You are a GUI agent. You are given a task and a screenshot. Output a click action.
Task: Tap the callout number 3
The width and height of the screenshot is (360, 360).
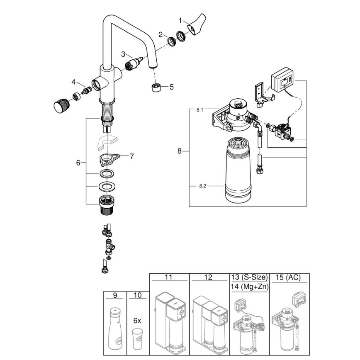pyautogui.click(x=123, y=54)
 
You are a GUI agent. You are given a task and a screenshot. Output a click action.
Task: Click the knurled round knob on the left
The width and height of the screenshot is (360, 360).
pyautogui.click(x=60, y=105)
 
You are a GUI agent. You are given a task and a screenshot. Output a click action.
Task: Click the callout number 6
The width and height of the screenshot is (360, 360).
pyautogui.click(x=78, y=163)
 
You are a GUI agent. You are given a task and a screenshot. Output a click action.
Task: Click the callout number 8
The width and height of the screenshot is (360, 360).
pyautogui.click(x=180, y=151)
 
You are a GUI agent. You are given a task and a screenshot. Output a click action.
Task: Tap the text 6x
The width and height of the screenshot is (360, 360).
pyautogui.click(x=137, y=321)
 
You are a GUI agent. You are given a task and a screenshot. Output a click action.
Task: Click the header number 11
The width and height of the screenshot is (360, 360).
pyautogui.click(x=169, y=277)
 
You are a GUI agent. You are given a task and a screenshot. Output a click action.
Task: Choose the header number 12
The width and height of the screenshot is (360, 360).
pyautogui.click(x=209, y=277)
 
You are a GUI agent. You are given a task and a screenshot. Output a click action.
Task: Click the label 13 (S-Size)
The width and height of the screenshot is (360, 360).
pyautogui.click(x=249, y=277)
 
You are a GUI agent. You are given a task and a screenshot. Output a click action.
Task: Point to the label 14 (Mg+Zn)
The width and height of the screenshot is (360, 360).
pyautogui.click(x=249, y=286)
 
